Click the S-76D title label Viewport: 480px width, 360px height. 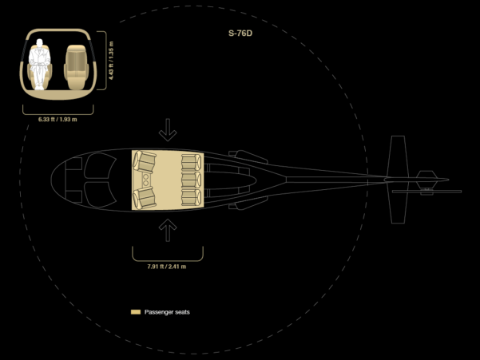240,34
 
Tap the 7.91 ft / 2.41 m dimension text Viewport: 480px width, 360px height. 167,267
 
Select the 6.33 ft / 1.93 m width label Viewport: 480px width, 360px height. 58,119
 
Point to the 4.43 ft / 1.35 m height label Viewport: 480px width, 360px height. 111,61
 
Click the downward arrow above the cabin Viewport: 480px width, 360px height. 168,130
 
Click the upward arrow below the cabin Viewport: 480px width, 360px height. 168,231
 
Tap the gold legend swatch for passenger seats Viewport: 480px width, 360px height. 136,312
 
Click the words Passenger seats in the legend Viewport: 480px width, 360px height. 167,312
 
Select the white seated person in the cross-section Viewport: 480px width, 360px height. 39,64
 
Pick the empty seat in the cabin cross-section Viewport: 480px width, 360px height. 76,67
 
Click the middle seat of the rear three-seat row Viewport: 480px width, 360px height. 191,180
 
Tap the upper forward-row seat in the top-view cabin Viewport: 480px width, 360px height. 145,161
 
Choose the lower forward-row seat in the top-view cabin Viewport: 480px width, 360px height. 145,198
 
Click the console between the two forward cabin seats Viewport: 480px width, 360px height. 145,180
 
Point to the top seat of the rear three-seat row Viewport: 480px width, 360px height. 191,162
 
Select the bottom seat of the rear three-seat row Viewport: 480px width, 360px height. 191,197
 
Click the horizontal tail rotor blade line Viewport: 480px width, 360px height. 426,192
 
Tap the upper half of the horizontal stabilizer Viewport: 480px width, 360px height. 398,156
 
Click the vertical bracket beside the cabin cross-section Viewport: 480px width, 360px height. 106,61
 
